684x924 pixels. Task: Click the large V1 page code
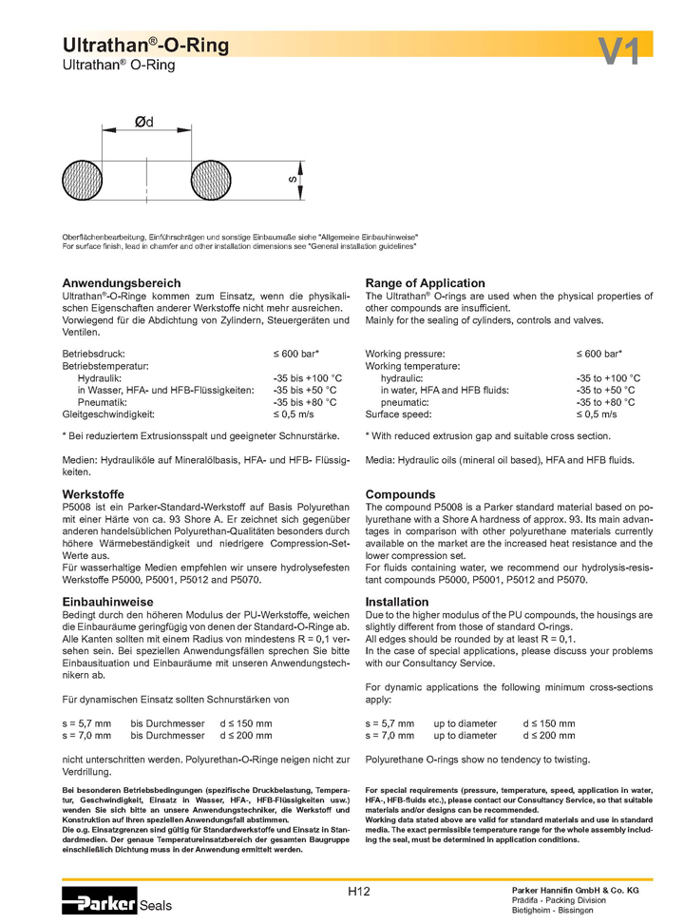click(619, 51)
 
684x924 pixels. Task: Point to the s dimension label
click(293, 180)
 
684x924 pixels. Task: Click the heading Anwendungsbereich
click(121, 283)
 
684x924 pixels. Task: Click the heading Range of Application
click(425, 283)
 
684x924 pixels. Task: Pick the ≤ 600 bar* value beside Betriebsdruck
click(296, 353)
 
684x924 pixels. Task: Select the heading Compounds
click(400, 495)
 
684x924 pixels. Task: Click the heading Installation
click(397, 602)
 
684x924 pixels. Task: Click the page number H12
click(358, 891)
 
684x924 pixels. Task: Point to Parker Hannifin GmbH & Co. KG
click(576, 888)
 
